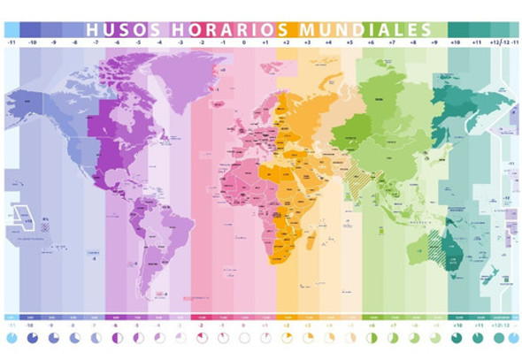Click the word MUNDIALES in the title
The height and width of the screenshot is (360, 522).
[x=372, y=29]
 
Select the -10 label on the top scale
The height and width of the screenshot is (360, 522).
[x=33, y=42]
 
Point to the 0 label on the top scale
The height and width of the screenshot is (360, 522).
[x=244, y=42]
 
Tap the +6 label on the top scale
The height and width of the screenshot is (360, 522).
[x=372, y=42]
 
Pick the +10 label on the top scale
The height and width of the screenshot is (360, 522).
[x=456, y=42]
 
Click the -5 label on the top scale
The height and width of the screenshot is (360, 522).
[x=139, y=42]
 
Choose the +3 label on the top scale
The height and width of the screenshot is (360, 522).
[x=307, y=42]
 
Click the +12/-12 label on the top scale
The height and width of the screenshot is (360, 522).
[x=498, y=42]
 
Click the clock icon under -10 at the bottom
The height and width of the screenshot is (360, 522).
[x=31, y=338]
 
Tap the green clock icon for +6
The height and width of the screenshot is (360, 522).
[x=372, y=338]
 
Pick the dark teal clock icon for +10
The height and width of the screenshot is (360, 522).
[x=456, y=338]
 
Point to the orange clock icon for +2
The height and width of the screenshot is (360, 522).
[x=287, y=338]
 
